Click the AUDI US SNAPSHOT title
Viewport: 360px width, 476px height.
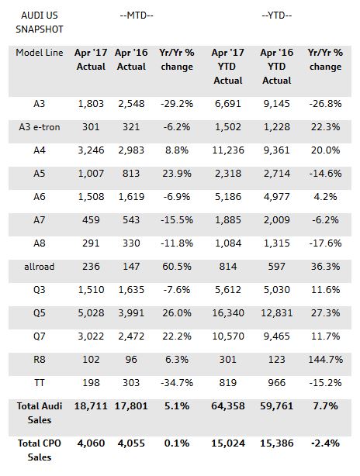click(x=40, y=22)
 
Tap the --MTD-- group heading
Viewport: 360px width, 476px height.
click(x=137, y=16)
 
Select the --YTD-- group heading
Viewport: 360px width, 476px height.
click(x=277, y=16)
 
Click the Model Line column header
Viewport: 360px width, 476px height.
click(x=40, y=53)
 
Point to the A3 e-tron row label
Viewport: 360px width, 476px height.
click(x=40, y=127)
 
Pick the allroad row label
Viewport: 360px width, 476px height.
click(x=40, y=267)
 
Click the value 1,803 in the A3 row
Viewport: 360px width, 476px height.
click(x=91, y=104)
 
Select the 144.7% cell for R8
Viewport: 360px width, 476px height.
click(x=325, y=360)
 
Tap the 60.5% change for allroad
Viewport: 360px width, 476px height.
click(x=177, y=267)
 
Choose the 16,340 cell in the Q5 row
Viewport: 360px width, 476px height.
click(x=228, y=313)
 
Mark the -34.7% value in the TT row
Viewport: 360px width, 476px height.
click(x=177, y=383)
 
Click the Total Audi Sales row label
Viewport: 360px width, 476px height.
click(x=40, y=413)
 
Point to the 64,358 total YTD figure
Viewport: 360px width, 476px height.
click(x=228, y=406)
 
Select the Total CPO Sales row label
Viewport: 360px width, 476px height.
click(x=40, y=450)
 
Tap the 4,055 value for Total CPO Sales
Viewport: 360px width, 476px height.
click(x=131, y=443)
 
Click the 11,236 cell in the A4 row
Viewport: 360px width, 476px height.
click(x=228, y=150)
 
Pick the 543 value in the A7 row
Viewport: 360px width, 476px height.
click(x=131, y=220)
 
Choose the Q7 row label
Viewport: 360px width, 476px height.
click(x=40, y=336)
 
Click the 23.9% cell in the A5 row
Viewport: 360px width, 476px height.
click(x=177, y=174)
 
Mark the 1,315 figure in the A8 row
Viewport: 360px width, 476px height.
click(x=277, y=243)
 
